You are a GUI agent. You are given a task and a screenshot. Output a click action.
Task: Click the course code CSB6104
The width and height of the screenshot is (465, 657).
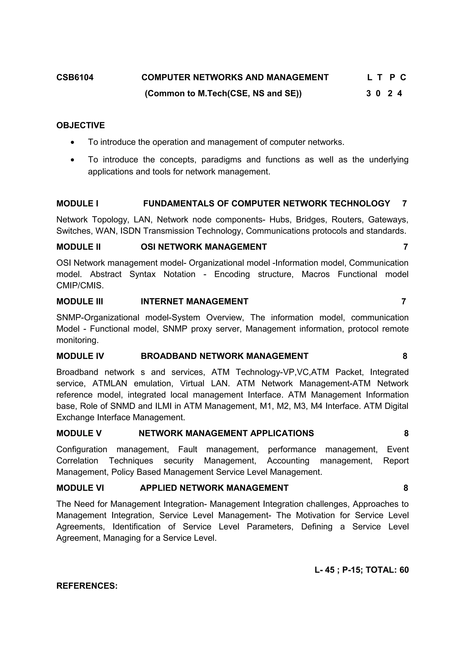pyautogui.click(x=75, y=78)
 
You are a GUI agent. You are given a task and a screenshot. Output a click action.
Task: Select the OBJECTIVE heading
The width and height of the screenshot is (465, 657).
pyautogui.click(x=81, y=125)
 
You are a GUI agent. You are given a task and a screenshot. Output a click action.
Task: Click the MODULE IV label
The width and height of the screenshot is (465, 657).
pyautogui.click(x=80, y=356)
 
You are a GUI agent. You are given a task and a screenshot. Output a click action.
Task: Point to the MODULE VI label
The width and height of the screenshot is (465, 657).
pyautogui.click(x=80, y=488)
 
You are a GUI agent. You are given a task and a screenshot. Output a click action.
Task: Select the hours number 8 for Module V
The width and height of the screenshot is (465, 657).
pyautogui.click(x=406, y=433)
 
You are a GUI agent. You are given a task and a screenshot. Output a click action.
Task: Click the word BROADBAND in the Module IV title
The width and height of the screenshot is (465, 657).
pyautogui.click(x=169, y=356)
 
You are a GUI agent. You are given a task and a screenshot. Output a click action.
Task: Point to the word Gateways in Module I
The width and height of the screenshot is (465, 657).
pyautogui.click(x=388, y=219)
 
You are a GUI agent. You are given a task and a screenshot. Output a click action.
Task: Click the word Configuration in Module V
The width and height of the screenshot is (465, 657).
pyautogui.click(x=82, y=449)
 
